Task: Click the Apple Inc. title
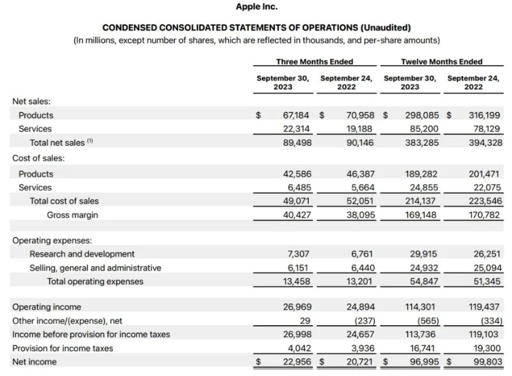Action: point(256,7)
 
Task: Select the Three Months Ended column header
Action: point(314,62)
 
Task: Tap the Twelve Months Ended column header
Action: point(442,62)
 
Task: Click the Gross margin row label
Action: point(72,215)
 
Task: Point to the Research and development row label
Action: point(82,254)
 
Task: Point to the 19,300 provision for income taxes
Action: point(486,348)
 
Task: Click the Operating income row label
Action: point(47,307)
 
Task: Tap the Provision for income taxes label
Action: point(62,348)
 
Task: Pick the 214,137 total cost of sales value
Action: point(422,201)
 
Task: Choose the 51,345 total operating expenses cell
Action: point(486,282)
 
